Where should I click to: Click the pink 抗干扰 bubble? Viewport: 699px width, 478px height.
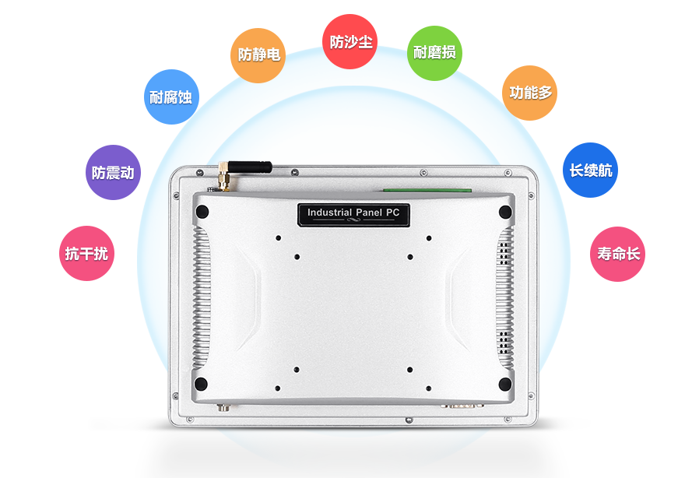coord(87,253)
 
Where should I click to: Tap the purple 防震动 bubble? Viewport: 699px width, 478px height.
coord(113,173)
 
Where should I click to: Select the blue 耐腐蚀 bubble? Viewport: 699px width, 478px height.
coord(170,97)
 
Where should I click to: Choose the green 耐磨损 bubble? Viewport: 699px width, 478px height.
coord(434,53)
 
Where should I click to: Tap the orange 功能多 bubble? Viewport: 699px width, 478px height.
coord(530,93)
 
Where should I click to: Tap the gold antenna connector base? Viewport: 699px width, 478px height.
coord(222,178)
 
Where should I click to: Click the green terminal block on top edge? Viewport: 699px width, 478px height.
coord(427,189)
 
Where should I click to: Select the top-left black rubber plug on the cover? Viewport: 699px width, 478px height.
coord(202,212)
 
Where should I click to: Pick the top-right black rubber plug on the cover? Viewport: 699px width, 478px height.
coord(505,212)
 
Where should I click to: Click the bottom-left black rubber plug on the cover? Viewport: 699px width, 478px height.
coord(202,384)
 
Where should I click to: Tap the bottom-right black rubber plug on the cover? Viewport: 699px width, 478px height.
coord(505,384)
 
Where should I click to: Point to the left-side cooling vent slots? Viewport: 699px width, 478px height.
coord(202,296)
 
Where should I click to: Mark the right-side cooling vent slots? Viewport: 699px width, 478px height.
coord(505,296)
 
